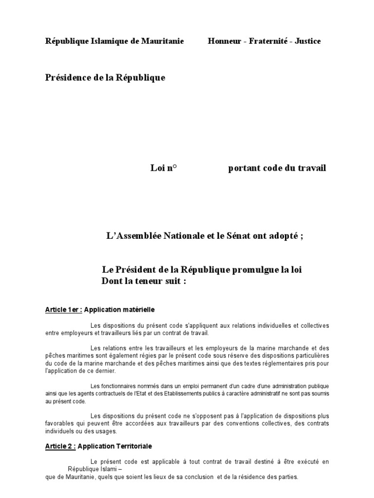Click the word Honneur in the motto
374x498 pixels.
point(225,41)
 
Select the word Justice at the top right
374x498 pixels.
point(307,41)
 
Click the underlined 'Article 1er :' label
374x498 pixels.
point(63,309)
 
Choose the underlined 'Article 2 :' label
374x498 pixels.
point(61,445)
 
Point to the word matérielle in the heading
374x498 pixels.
point(138,309)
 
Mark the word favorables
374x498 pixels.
point(60,424)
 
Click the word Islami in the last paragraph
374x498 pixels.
point(107,469)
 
